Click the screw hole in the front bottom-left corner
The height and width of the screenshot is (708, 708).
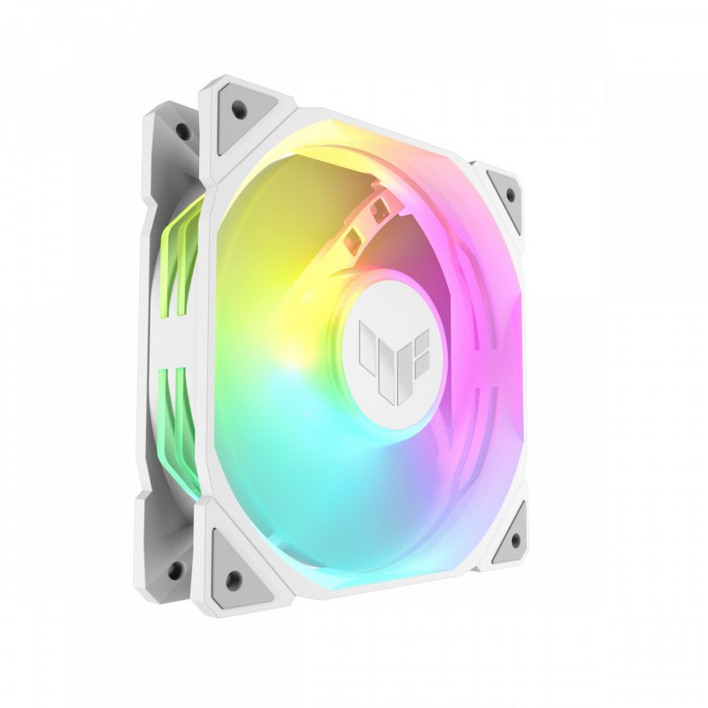click(232, 578)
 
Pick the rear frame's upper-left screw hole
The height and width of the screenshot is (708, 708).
click(182, 131)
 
